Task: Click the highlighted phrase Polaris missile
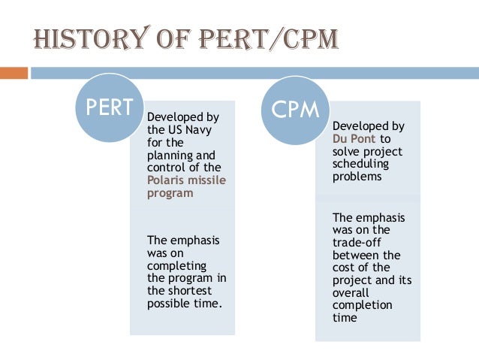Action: coord(187,180)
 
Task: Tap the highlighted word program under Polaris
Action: coord(170,192)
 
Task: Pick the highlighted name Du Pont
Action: coord(354,138)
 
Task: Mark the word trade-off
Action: coord(357,242)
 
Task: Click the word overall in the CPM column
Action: coord(350,293)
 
